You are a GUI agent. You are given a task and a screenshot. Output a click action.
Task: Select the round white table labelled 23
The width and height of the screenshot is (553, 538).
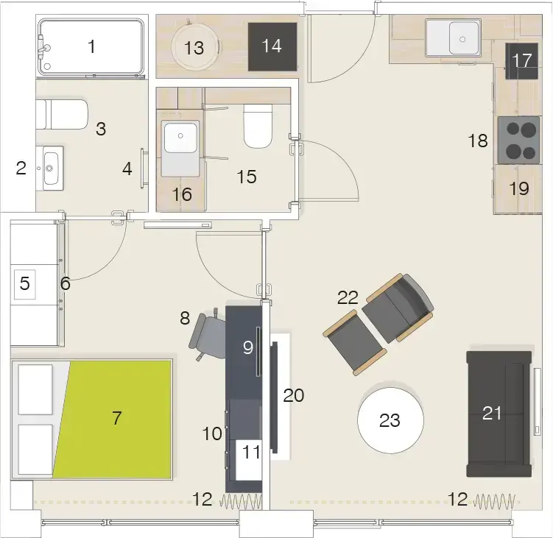[390, 420]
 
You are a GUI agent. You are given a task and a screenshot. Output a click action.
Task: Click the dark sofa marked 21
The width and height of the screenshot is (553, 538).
[499, 414]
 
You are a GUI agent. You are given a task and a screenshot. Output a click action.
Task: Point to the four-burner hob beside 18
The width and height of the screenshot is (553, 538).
[518, 140]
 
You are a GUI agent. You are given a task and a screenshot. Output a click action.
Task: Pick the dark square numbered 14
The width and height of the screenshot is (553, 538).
[272, 46]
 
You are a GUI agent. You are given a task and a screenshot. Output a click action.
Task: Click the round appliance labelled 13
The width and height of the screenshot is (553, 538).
[194, 47]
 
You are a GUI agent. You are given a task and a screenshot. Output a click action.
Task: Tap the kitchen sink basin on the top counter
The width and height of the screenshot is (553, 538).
[462, 38]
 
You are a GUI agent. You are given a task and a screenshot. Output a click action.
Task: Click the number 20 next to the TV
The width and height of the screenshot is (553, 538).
[293, 395]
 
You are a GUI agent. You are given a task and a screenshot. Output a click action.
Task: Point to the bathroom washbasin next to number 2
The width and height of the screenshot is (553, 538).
[50, 169]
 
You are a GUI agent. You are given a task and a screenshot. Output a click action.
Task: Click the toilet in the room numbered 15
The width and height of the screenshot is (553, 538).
[258, 126]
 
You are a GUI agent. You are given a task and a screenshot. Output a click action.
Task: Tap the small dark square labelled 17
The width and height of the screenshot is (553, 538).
[521, 60]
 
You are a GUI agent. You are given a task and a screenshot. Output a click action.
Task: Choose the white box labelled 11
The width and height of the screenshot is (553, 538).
[249, 460]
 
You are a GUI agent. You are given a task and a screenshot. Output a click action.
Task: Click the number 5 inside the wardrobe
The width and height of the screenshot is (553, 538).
[25, 283]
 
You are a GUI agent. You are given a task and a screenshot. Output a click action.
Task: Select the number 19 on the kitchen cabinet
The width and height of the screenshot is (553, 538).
[519, 188]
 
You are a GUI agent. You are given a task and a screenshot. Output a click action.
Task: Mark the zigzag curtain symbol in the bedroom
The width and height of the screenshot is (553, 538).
[241, 501]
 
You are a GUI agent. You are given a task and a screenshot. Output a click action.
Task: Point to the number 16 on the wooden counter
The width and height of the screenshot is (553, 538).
[182, 194]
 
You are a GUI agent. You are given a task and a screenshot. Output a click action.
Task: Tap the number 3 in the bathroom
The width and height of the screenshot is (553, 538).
[101, 129]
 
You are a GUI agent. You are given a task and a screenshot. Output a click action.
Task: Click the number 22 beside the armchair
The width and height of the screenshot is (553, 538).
[348, 297]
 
